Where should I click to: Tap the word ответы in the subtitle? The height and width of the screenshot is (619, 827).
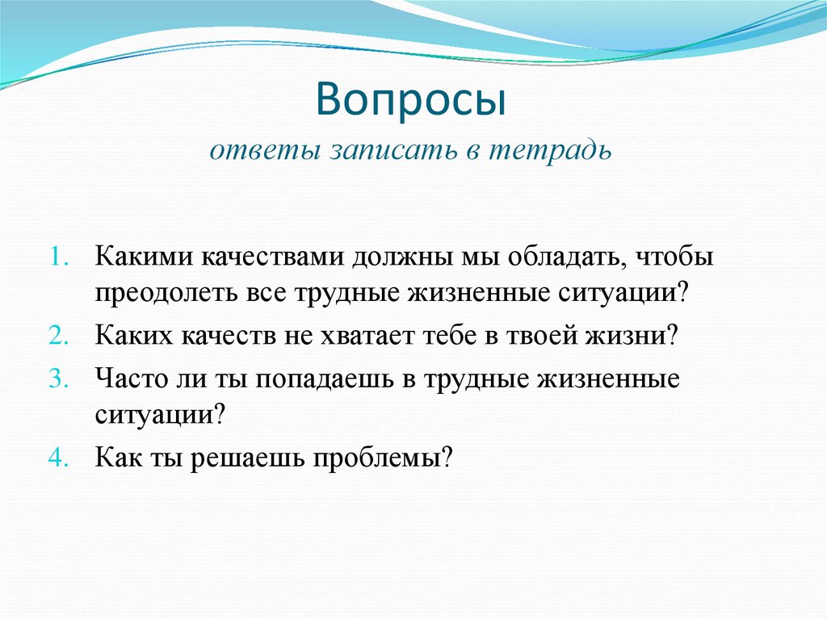[x=253, y=152]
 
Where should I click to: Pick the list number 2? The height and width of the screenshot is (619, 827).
[x=61, y=336]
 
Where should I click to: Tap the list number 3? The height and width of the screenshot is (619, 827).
[x=61, y=379]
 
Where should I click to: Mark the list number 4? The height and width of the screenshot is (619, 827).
[x=61, y=458]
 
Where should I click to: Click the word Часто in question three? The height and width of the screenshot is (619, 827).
[x=128, y=379]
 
